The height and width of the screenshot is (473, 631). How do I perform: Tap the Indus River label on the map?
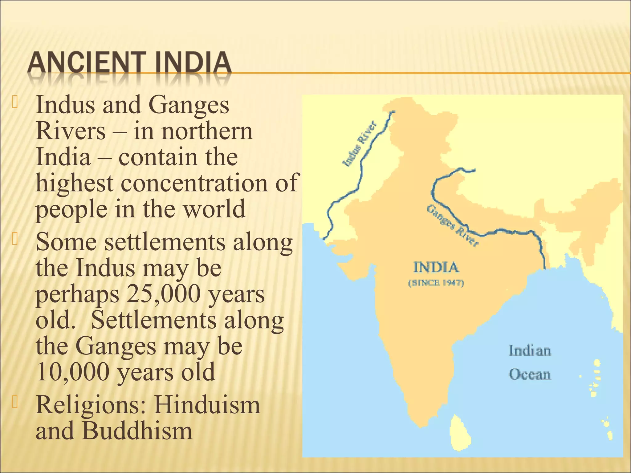point(360,144)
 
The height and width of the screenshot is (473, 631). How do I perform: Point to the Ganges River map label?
point(453,226)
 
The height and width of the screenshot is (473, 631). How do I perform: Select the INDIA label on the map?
point(436,267)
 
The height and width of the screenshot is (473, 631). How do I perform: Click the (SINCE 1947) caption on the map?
point(436,283)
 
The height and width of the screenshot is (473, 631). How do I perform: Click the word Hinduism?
point(207,405)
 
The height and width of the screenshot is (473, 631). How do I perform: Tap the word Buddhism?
point(137,431)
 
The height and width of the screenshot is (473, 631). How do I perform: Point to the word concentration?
point(194,183)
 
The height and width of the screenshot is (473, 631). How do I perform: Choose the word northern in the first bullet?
point(207,131)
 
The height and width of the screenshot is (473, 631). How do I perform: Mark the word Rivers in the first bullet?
point(71,131)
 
